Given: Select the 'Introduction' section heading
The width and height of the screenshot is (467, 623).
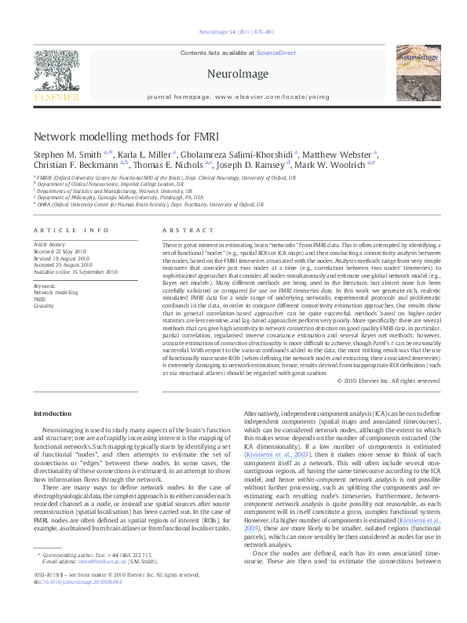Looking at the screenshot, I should [52, 413].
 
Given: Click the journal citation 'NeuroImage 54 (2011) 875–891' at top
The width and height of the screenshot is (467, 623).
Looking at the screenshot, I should [233, 32].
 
